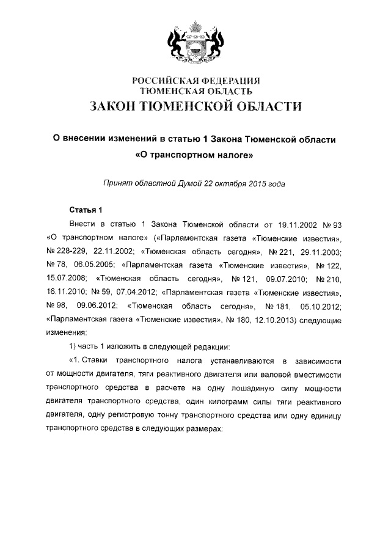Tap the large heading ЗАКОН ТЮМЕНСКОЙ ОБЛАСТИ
point(195,106)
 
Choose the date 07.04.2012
point(133,292)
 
